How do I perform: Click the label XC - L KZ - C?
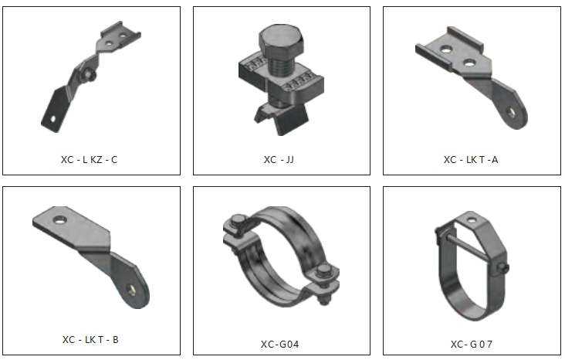(x=89, y=159)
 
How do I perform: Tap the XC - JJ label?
(x=279, y=159)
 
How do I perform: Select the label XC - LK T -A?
(x=471, y=159)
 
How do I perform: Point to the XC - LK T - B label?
(x=90, y=339)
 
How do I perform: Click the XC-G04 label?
(x=280, y=344)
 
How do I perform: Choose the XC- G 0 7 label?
(x=472, y=344)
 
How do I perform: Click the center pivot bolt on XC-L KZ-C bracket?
(x=89, y=75)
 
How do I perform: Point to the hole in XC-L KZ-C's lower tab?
(x=53, y=118)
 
